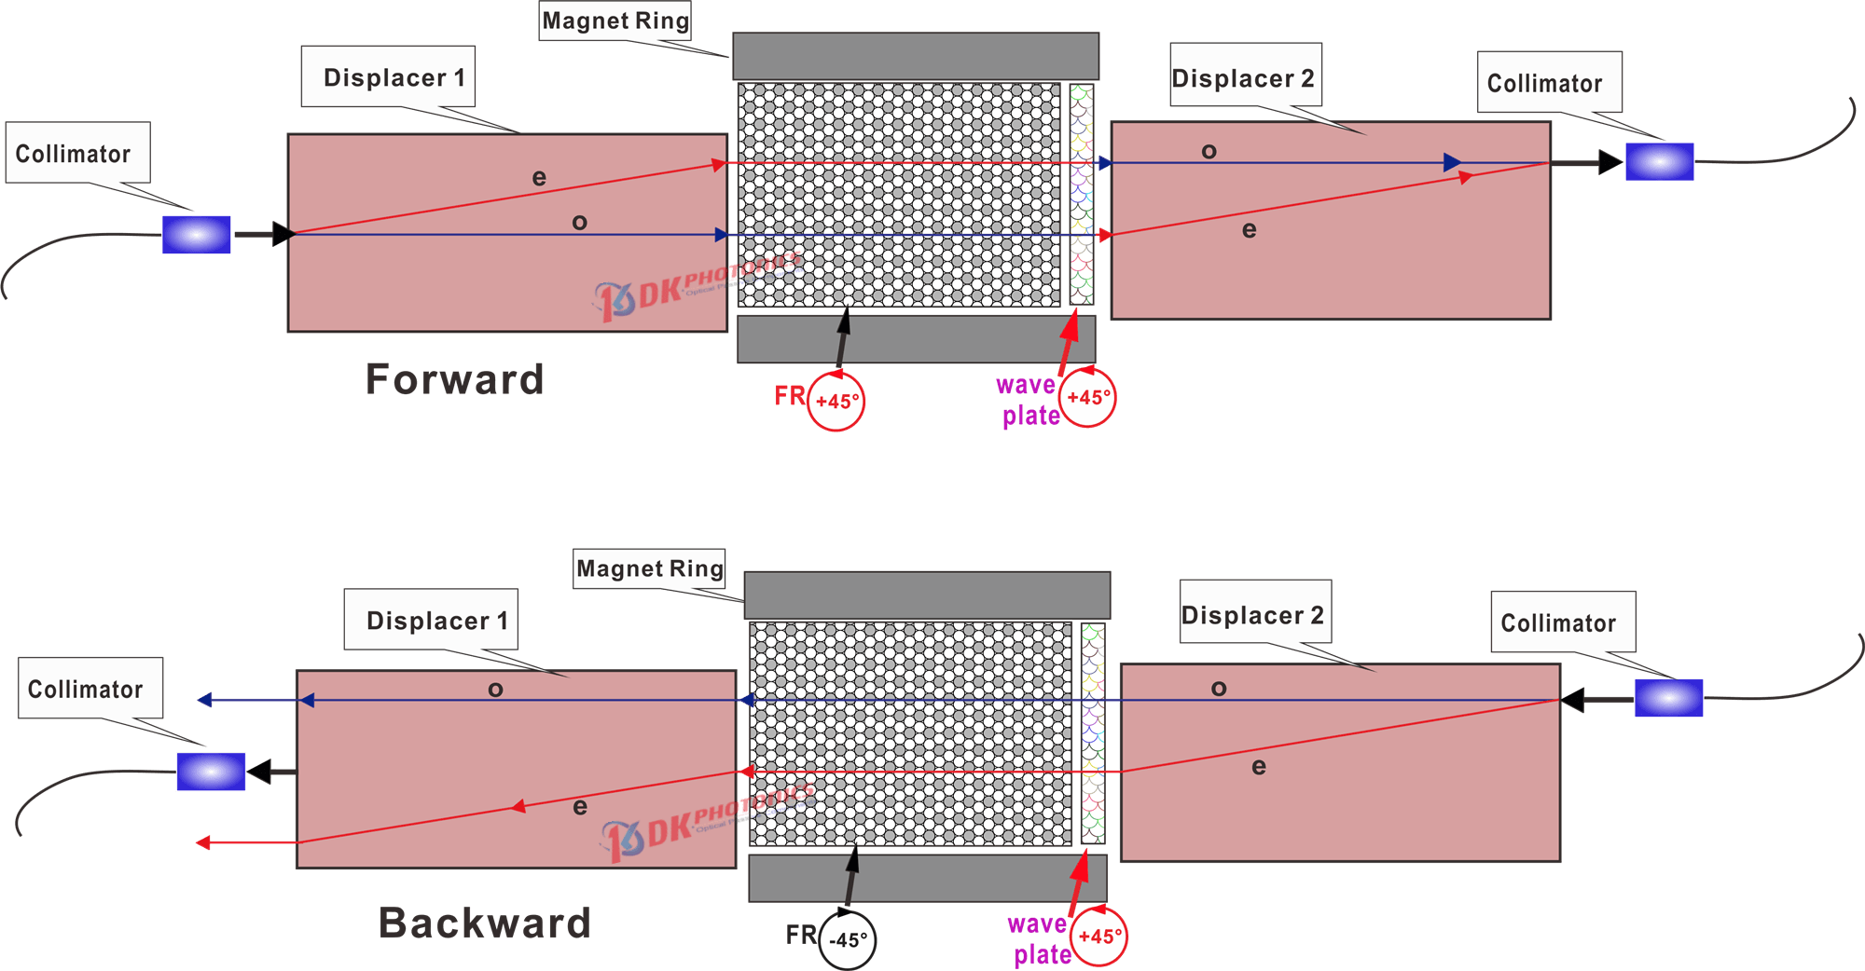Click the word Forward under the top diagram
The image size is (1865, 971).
click(x=454, y=380)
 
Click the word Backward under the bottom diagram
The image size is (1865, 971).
click(x=485, y=923)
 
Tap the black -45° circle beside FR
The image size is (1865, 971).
click(x=848, y=940)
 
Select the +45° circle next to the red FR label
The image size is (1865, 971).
click(x=836, y=402)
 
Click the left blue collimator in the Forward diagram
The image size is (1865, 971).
click(x=197, y=235)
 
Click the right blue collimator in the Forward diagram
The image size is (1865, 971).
click(x=1660, y=162)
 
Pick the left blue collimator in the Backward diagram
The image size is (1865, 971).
click(x=211, y=772)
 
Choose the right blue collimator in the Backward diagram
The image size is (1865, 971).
click(x=1669, y=698)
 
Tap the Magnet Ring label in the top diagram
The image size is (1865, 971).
click(x=615, y=21)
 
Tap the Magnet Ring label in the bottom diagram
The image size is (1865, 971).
click(x=650, y=568)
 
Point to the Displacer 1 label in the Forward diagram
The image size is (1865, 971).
click(x=394, y=77)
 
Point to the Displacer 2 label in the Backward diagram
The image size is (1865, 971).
click(x=1252, y=615)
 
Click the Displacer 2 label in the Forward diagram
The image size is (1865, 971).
click(x=1243, y=78)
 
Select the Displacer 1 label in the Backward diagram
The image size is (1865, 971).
click(x=436, y=621)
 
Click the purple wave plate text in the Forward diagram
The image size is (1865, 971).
click(x=1028, y=401)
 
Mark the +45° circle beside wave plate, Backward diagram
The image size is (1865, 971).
click(x=1099, y=937)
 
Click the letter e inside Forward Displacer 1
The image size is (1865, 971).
click(x=539, y=177)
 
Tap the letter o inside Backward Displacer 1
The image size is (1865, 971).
click(x=495, y=690)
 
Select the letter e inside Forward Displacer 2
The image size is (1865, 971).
click(x=1250, y=229)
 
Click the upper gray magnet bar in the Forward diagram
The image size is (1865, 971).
click(x=915, y=56)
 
